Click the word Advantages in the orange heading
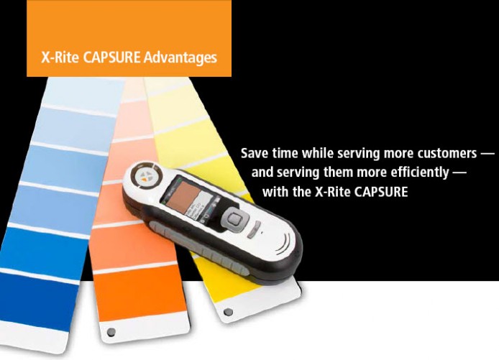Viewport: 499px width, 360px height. click(180, 58)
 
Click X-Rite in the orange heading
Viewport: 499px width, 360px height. click(60, 57)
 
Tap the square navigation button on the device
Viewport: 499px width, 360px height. click(234, 218)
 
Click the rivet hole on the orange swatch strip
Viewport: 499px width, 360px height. click(111, 332)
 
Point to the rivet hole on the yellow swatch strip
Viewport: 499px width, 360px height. click(228, 312)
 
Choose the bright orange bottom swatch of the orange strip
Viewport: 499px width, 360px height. click(140, 292)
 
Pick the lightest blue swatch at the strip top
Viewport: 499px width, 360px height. click(83, 95)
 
